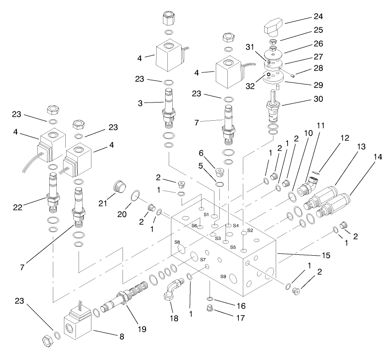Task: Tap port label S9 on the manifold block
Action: click(223, 276)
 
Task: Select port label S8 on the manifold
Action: click(177, 242)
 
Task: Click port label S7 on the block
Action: click(203, 259)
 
